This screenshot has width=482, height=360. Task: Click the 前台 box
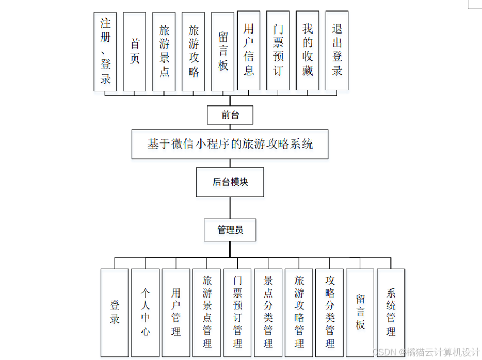pos(230,115)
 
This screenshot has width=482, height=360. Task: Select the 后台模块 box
pos(230,182)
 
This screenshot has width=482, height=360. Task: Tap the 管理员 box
pos(230,230)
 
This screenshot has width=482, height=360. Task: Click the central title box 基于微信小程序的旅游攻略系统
pos(230,144)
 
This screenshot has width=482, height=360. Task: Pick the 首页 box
pos(135,52)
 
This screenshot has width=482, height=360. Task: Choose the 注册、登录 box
pos(105,52)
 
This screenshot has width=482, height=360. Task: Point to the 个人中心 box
pos(146,312)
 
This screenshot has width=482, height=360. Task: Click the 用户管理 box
pos(176,312)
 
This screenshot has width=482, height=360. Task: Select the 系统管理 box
pos(391,312)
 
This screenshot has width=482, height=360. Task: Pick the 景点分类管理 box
pos(268,312)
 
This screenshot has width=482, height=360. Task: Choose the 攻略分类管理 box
pos(330,312)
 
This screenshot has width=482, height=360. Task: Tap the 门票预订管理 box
pos(237,312)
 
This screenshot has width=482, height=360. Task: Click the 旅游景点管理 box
pos(207,312)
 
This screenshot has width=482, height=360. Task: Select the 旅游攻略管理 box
pos(299,312)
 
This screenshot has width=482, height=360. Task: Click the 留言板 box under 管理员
pos(360,312)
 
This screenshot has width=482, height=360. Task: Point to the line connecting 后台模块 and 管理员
pos(230,208)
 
